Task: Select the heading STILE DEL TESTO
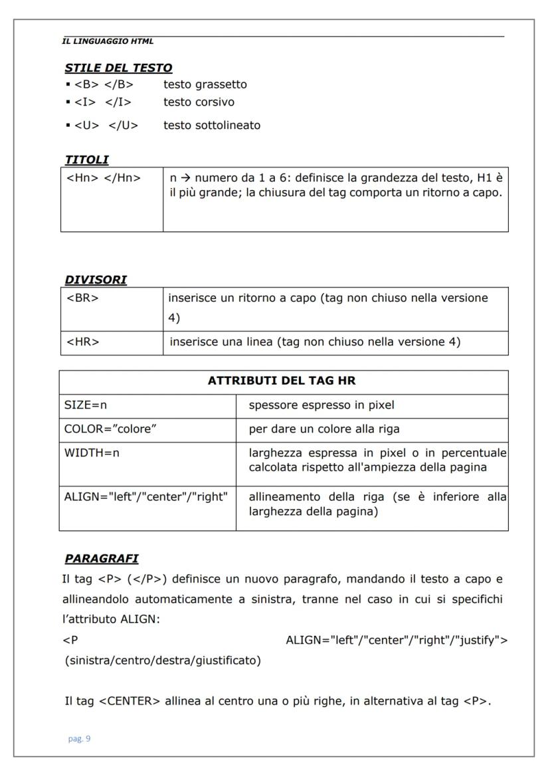118,68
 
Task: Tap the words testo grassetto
205,84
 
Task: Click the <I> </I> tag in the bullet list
102,102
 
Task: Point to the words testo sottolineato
211,125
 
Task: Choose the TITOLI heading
86,159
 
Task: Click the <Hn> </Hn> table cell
104,179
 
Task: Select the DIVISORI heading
96,280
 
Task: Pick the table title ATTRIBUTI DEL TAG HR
284,382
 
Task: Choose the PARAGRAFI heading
101,559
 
